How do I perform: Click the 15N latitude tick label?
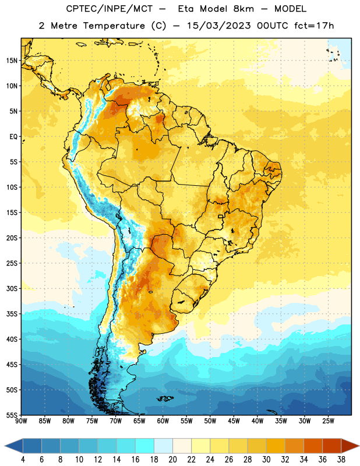(12, 61)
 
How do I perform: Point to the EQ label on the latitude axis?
(13, 137)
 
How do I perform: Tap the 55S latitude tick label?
(12, 415)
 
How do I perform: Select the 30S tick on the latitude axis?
(12, 288)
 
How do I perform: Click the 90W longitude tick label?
(21, 421)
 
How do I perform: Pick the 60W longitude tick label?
(163, 421)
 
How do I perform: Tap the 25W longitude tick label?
(328, 421)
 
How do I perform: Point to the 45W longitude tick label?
(234, 421)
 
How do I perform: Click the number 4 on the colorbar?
(23, 460)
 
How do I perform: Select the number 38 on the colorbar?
(341, 460)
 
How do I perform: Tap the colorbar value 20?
(172, 460)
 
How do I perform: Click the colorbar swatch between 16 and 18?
(144, 446)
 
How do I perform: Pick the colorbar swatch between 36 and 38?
(332, 446)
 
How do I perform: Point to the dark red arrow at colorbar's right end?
(350, 446)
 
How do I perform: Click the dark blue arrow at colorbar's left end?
(14, 446)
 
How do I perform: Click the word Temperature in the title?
(114, 26)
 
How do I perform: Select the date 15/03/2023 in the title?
(219, 26)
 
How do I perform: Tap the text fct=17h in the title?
(314, 26)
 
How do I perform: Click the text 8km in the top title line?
(243, 9)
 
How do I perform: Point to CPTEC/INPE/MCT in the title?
(110, 9)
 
